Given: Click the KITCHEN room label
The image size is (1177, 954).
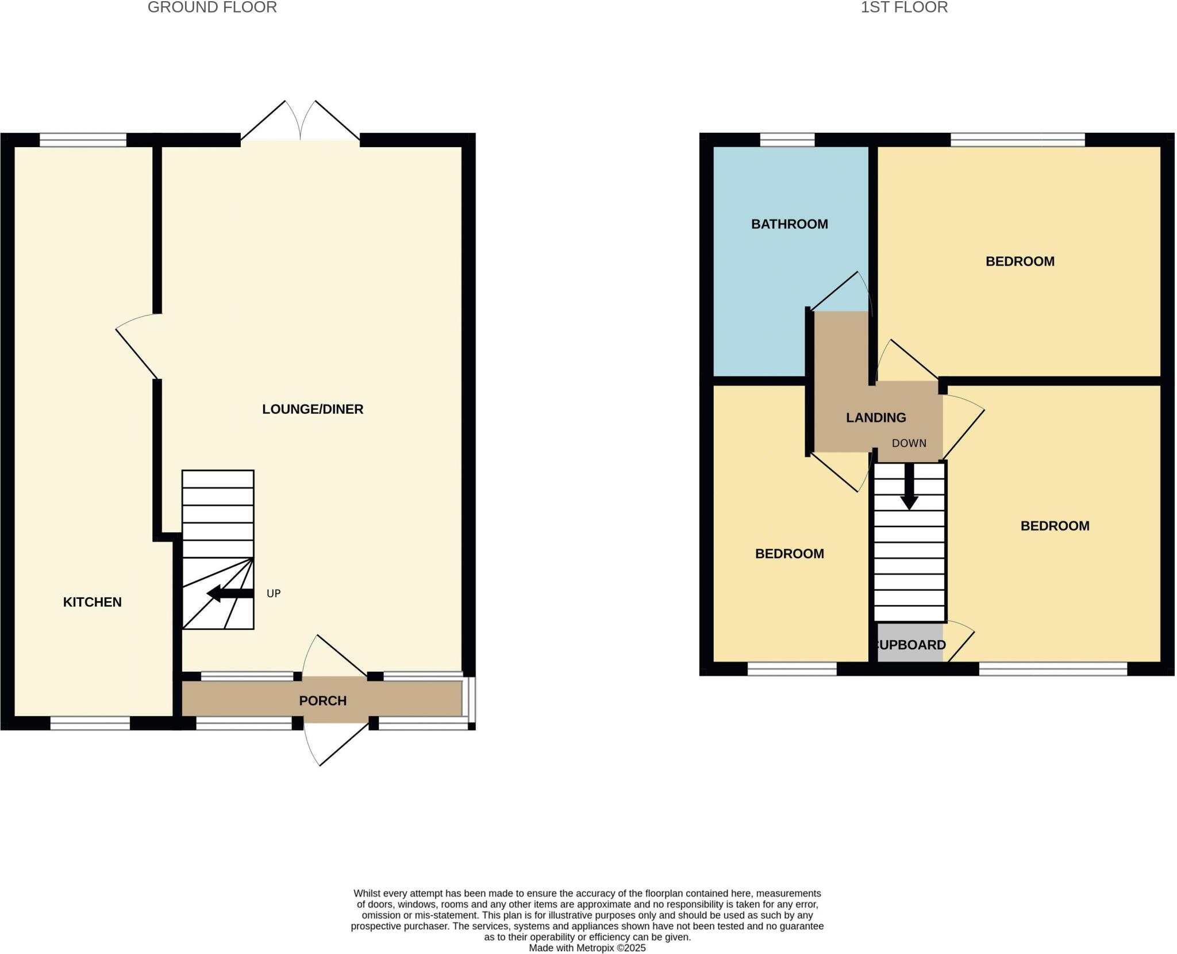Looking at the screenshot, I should pyautogui.click(x=92, y=602).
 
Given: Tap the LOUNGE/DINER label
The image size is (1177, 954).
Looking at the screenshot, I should pyautogui.click(x=313, y=409).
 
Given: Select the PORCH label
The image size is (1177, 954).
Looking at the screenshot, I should pyautogui.click(x=322, y=701).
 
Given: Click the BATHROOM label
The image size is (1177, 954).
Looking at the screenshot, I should pyautogui.click(x=789, y=224).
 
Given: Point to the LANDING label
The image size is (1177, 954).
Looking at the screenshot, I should pyautogui.click(x=875, y=418).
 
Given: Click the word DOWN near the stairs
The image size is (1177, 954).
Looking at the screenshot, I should pyautogui.click(x=909, y=443).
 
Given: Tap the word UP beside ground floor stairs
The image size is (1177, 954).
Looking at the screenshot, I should pyautogui.click(x=274, y=593).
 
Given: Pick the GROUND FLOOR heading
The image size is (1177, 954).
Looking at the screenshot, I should pyautogui.click(x=212, y=7).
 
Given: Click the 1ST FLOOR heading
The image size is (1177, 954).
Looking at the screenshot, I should pyautogui.click(x=903, y=7).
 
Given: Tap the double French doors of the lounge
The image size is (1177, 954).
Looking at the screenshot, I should pyautogui.click(x=300, y=124).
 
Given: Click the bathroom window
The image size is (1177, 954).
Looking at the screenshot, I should pyautogui.click(x=787, y=140).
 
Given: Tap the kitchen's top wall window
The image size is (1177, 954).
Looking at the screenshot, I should pyautogui.click(x=83, y=140).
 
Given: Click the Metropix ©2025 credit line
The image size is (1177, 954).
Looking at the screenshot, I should pyautogui.click(x=587, y=948).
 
